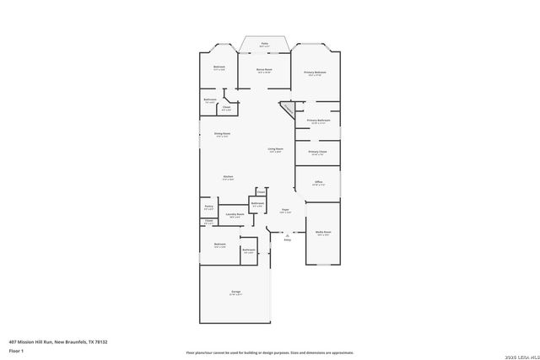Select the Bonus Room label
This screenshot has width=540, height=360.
264,71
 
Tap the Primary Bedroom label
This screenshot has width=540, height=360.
315,73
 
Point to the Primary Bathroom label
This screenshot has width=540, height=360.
318,121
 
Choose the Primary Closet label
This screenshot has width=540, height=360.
317,152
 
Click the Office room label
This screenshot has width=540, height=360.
319,181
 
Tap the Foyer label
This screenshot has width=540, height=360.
286,210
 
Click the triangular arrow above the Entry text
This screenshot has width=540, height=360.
287,235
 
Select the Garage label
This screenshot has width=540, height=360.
235,292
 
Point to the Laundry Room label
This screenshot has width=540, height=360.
235,214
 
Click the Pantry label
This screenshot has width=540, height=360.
208,207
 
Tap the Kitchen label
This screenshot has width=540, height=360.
228,176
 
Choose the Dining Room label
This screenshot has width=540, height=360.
223,133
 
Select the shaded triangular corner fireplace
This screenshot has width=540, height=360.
289,109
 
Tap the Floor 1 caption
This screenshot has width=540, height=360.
16,350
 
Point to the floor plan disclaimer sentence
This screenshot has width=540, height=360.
269,352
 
